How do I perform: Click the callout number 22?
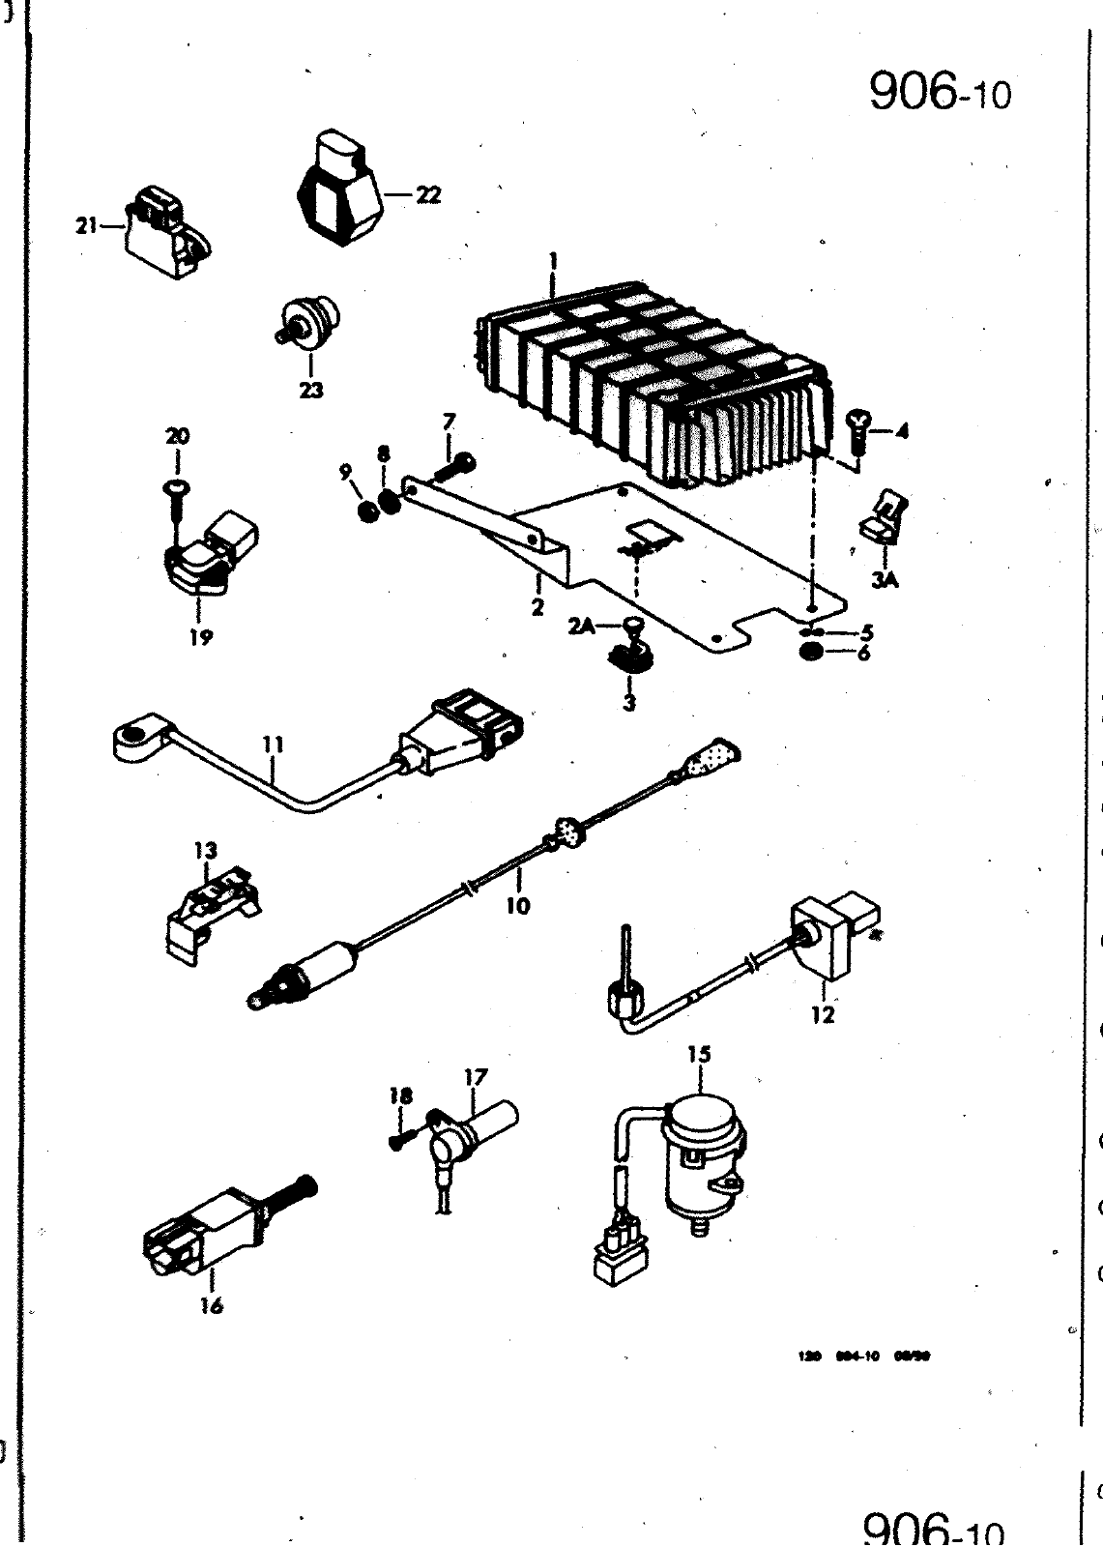pos(428,194)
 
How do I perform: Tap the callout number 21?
pos(88,225)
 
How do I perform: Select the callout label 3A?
pos(885,579)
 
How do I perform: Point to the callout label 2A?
pos(581,628)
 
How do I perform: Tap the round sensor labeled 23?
pos(308,322)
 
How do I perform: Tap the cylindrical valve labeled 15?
pos(703,1156)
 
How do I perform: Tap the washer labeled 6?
pos(812,653)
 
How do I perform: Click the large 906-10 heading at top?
pos(939,92)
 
